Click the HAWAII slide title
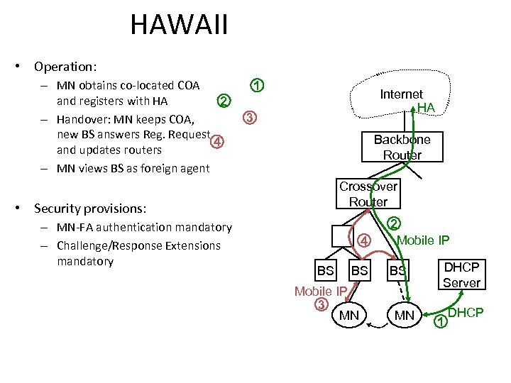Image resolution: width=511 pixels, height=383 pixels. pos(179,26)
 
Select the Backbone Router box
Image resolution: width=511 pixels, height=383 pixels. pos(402,147)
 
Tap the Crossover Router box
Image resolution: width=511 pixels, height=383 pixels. pos(368,194)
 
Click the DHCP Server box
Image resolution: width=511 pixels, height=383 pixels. pos(461,275)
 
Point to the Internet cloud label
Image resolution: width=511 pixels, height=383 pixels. pos(401,94)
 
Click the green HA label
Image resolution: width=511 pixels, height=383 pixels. pos(426,107)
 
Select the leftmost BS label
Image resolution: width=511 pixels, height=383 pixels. pos(325,271)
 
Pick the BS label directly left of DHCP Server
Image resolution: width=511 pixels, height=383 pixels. pos(397,271)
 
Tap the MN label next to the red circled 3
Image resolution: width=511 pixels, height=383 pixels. pos(349,314)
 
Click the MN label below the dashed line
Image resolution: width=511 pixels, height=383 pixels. pos(404,314)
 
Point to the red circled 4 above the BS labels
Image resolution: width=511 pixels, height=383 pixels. pos(363,240)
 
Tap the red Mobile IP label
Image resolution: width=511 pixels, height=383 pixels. pos(321,291)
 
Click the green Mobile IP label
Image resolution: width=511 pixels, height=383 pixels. pos(423,240)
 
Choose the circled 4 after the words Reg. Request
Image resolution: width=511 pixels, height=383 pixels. pos(218,141)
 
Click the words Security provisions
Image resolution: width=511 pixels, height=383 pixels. pos(90,209)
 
